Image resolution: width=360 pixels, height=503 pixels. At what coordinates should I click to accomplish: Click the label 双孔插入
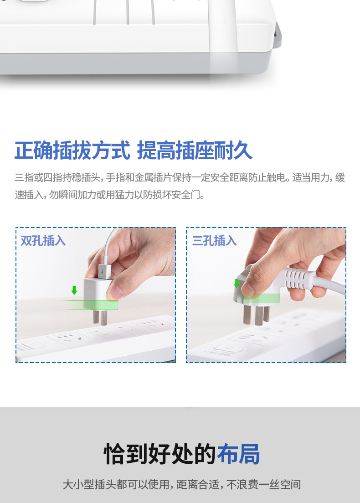(43, 241)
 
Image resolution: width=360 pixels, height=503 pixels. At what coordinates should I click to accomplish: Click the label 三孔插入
(215, 241)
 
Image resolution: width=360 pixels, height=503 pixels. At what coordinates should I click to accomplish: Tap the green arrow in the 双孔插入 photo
(74, 290)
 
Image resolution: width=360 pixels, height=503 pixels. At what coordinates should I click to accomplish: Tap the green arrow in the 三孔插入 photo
(237, 283)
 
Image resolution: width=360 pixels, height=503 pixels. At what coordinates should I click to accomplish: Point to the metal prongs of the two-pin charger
(100, 317)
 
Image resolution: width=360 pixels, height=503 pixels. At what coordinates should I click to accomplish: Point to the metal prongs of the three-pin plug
(256, 315)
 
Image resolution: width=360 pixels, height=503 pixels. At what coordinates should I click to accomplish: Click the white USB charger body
(96, 294)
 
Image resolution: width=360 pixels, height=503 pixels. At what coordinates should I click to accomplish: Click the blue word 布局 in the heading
(238, 454)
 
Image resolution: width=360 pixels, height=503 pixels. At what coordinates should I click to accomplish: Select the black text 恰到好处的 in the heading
(160, 454)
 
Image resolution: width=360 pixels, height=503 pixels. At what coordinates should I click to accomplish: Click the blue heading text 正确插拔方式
(72, 150)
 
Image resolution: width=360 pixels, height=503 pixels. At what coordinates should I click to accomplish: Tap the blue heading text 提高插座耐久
(195, 150)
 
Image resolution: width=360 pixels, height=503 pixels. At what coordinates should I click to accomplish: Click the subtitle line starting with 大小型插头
(182, 484)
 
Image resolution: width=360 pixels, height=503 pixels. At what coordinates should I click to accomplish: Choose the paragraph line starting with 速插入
(110, 194)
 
